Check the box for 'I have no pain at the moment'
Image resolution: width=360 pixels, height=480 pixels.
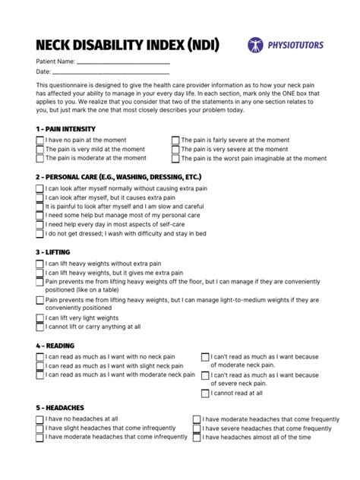click(39, 141)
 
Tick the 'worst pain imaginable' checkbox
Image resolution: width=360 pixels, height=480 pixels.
click(175, 159)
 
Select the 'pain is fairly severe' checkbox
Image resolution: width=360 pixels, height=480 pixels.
click(175, 141)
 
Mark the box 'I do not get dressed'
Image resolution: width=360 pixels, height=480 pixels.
click(39, 235)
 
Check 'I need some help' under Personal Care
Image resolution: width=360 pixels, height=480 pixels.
click(39, 216)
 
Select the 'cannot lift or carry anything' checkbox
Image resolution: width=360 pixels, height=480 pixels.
click(39, 327)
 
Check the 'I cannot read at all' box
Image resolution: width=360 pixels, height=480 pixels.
click(205, 393)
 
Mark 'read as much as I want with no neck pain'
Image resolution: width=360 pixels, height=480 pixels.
click(39, 355)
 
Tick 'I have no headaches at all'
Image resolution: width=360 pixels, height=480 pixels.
click(39, 418)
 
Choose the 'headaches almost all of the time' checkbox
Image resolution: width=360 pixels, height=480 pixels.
click(196, 437)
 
